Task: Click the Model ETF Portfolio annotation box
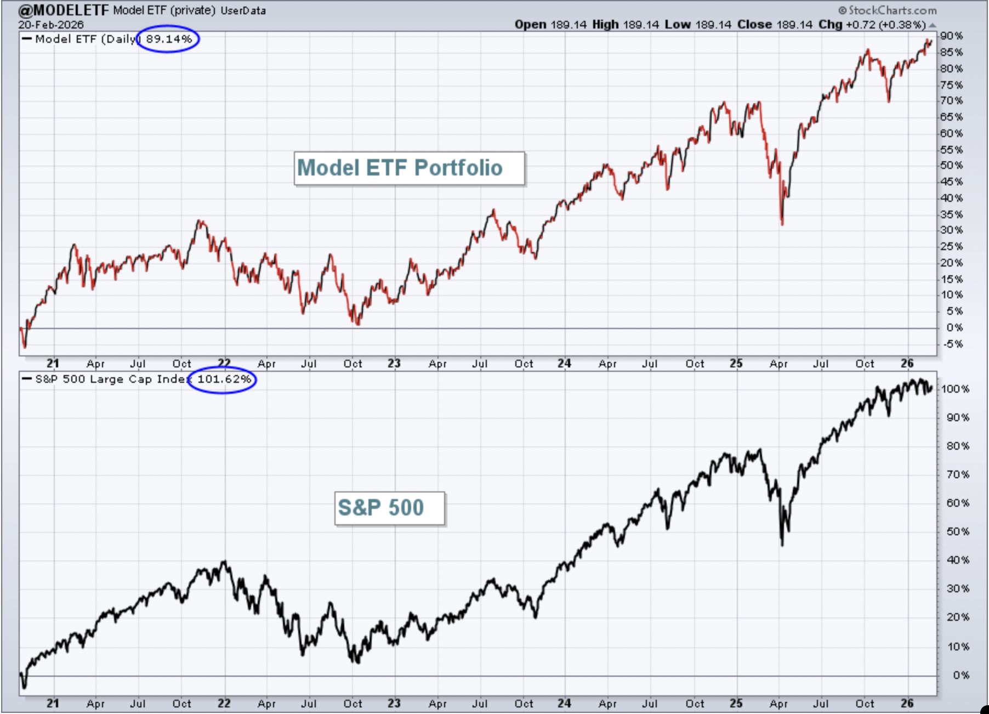pos(410,168)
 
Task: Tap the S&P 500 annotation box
pos(390,508)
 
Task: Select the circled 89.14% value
pos(169,39)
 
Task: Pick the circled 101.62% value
pos(224,379)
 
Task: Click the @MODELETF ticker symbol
pos(64,10)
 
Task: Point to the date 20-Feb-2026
pos(51,25)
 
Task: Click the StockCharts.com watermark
pos(888,10)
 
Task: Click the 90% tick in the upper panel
pos(951,36)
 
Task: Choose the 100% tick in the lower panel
pos(955,389)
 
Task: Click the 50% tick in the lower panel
pos(958,531)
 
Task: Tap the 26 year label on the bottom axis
pos(907,703)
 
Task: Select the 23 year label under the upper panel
pos(394,363)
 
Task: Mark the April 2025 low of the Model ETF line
pos(782,224)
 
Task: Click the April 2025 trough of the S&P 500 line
pos(782,545)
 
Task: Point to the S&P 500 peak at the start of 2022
pos(224,562)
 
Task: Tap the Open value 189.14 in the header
pos(569,25)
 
